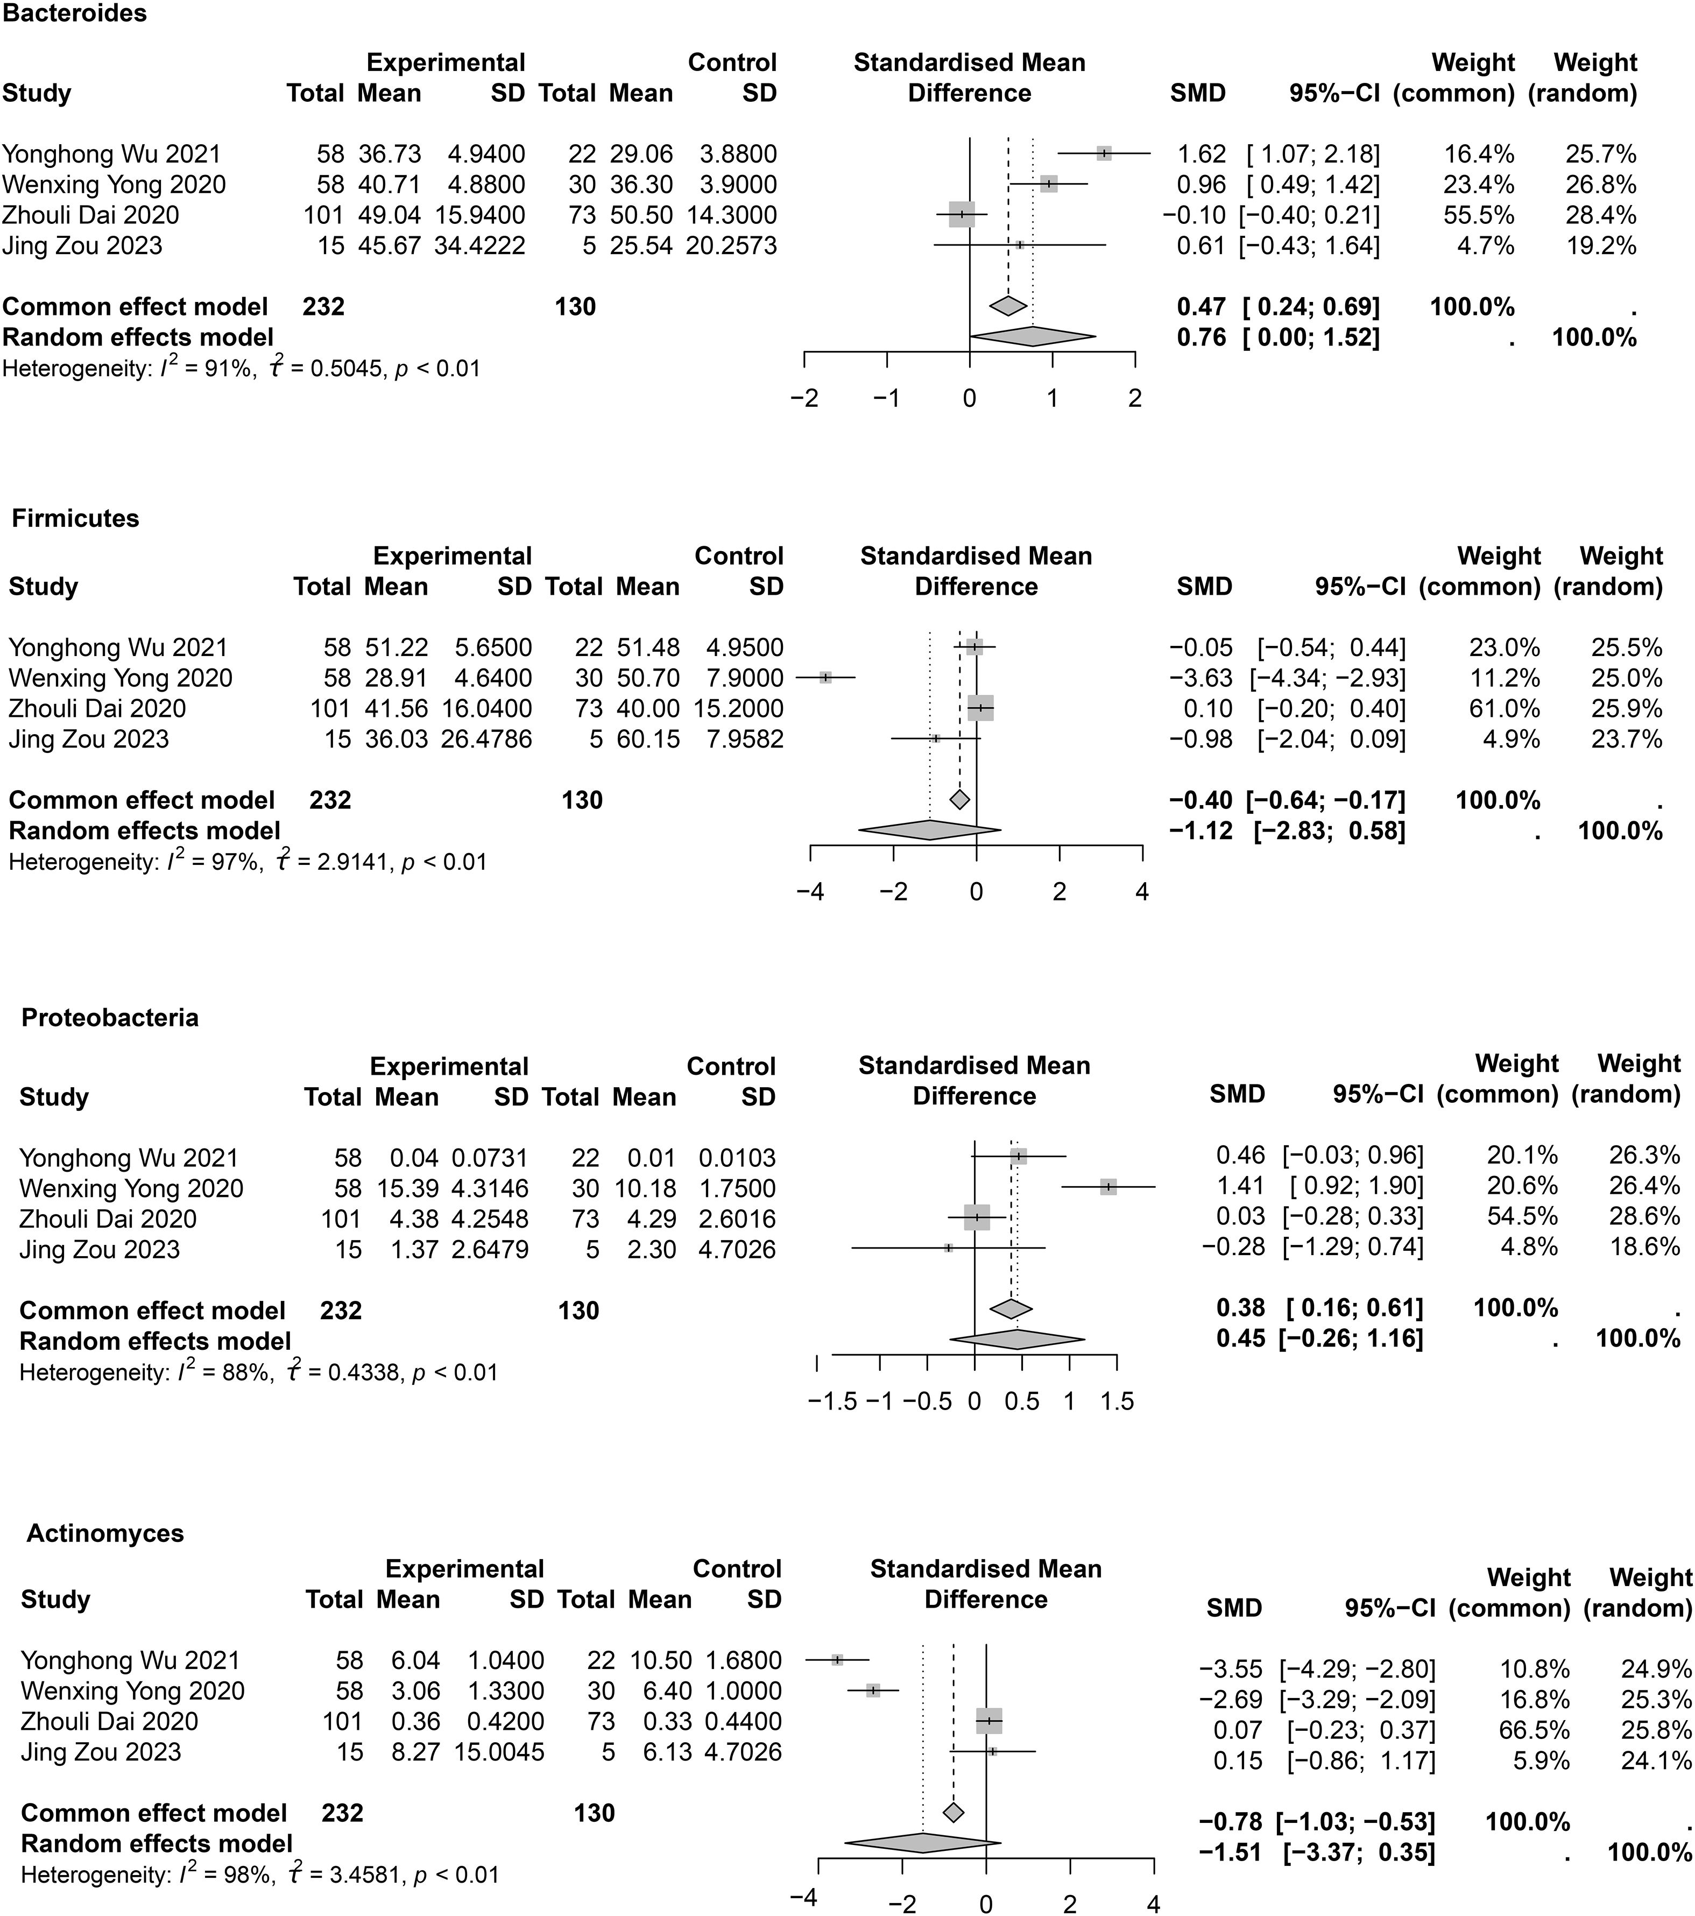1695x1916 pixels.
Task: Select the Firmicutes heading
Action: point(75,518)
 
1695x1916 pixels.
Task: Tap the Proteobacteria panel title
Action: point(110,1018)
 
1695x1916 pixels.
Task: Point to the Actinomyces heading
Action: point(105,1533)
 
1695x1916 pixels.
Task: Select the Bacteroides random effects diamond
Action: point(1033,336)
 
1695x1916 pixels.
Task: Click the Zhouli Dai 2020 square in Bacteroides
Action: point(962,215)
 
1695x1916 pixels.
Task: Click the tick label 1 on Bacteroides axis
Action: point(1052,398)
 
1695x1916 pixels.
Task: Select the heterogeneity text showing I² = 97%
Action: point(248,862)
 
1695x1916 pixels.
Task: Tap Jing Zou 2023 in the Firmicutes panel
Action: point(89,739)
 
